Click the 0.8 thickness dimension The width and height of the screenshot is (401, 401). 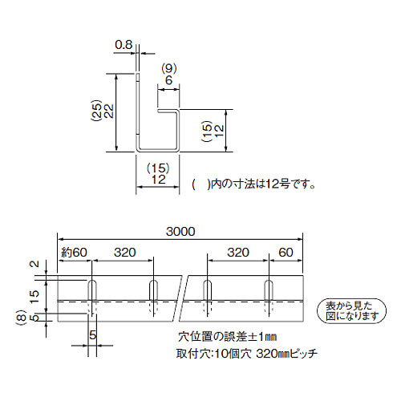pos(124,45)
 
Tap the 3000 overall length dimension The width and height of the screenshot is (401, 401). pos(180,232)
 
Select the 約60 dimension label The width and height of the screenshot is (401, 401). pos(74,253)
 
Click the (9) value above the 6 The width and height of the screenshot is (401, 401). pos(169,69)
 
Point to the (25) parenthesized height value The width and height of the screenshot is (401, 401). pos(96,111)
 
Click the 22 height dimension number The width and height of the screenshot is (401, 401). pos(108,111)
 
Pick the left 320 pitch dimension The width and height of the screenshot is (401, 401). pos(125,253)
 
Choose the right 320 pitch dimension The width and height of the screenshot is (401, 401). pos(238,253)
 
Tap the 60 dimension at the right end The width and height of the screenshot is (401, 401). pos(286,253)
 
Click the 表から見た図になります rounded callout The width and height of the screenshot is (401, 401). pos(351,311)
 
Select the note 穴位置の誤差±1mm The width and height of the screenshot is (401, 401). pos(227,337)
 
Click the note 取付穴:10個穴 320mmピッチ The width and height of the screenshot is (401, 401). pos(247,354)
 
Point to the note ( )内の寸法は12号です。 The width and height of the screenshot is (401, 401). pos(253,184)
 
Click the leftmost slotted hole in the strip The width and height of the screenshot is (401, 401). pos(92,290)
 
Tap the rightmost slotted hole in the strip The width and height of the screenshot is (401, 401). pos(269,290)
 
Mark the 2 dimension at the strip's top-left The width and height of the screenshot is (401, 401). pos(34,264)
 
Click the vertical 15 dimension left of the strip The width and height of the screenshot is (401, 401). pos(34,297)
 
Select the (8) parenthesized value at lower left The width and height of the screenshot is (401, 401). pos(23,318)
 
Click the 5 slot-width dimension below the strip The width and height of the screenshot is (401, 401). pos(92,335)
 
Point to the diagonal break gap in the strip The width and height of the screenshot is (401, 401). pos(180,298)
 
